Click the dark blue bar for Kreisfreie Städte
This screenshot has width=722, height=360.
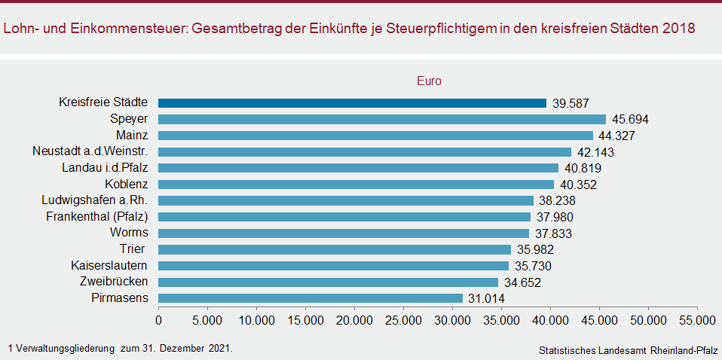352,103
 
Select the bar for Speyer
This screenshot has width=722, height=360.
382,119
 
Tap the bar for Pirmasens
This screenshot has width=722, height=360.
311,298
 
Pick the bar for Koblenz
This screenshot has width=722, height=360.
356,184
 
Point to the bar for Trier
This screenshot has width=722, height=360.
335,249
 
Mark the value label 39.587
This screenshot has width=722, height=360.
571,103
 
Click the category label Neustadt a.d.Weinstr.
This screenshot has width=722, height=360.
90,151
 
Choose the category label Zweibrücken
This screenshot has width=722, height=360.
114,282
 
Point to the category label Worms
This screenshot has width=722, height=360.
129,233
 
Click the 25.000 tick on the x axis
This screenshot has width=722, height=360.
403,319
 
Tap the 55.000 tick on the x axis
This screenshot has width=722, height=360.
697,319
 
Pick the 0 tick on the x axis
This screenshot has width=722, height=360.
158,319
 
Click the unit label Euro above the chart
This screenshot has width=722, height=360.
429,81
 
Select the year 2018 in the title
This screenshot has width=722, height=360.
679,29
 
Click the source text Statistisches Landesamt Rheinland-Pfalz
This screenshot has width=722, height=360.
629,351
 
